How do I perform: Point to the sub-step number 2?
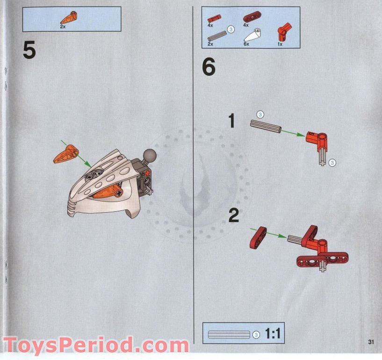point(233,216)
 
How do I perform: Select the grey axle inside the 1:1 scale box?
point(229,334)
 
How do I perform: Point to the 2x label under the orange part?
point(63,27)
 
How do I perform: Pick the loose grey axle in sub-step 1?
point(266,126)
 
